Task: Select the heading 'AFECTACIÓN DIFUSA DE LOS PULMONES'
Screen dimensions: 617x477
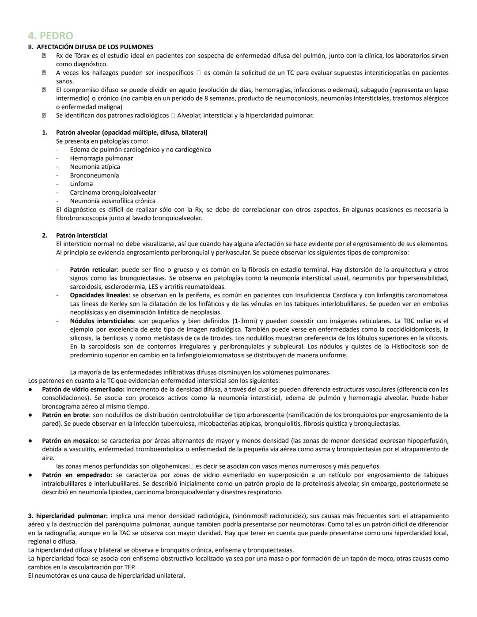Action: pyautogui.click(x=95, y=47)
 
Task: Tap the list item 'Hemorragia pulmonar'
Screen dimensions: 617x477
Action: pyautogui.click(x=101, y=158)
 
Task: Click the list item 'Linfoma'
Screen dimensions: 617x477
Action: pyautogui.click(x=81, y=184)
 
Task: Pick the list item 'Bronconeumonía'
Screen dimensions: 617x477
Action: pyautogui.click(x=94, y=175)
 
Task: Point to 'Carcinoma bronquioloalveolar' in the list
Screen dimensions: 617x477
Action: pyautogui.click(x=113, y=193)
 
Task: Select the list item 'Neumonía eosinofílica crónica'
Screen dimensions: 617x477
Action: pyautogui.click(x=113, y=201)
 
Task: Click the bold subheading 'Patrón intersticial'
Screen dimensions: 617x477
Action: pyautogui.click(x=81, y=235)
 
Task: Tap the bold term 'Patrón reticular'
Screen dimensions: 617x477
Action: pyautogui.click(x=93, y=269)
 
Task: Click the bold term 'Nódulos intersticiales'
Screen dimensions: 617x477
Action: pyautogui.click(x=102, y=321)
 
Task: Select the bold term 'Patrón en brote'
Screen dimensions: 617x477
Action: pyautogui.click(x=65, y=415)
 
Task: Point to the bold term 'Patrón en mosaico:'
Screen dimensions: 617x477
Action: pyautogui.click(x=70, y=441)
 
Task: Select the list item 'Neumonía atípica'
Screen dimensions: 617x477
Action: pyautogui.click(x=95, y=167)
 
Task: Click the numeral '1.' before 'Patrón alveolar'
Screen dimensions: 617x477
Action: pyautogui.click(x=45, y=132)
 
